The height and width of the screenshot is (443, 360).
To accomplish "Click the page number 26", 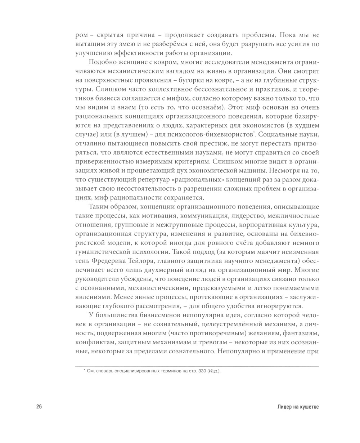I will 39,407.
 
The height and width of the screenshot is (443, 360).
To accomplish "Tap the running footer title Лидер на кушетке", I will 298,407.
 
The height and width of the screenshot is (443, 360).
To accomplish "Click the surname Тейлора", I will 144,261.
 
